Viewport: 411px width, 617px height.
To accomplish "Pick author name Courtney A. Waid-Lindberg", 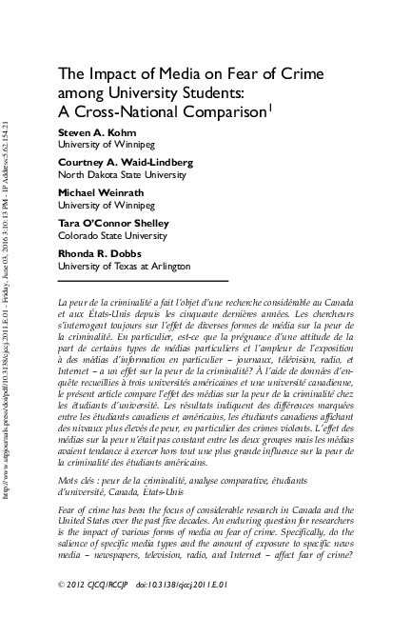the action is (x=125, y=164).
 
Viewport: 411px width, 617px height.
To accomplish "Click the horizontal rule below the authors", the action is (x=143, y=281).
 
